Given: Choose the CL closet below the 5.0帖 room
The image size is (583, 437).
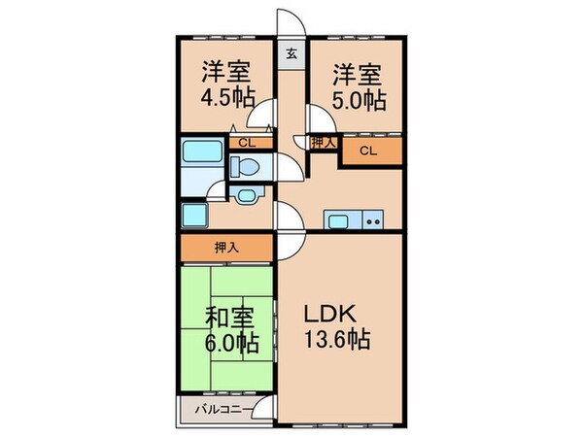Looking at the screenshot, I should (368, 151).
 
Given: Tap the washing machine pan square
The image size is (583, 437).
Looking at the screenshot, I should (193, 215).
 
